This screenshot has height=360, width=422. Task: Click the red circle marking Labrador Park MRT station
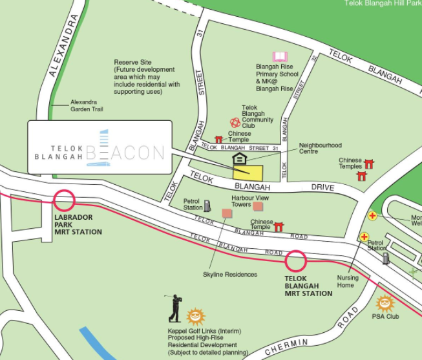65,200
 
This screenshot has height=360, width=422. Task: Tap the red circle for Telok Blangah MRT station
296,260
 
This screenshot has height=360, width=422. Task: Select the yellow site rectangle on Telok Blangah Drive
248,172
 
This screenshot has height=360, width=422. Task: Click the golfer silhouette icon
174,308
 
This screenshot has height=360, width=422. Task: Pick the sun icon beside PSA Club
385,302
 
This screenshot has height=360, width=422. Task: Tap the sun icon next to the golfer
194,316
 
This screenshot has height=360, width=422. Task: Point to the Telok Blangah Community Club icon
235,122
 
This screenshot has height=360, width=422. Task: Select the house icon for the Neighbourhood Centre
239,159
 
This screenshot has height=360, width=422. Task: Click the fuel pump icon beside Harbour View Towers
207,206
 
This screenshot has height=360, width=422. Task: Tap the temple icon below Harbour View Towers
279,226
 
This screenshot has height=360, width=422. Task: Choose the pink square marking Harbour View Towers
258,206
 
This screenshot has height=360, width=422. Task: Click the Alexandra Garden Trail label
87,106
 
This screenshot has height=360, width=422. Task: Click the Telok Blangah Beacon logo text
99,152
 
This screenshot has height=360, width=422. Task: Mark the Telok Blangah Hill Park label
382,3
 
